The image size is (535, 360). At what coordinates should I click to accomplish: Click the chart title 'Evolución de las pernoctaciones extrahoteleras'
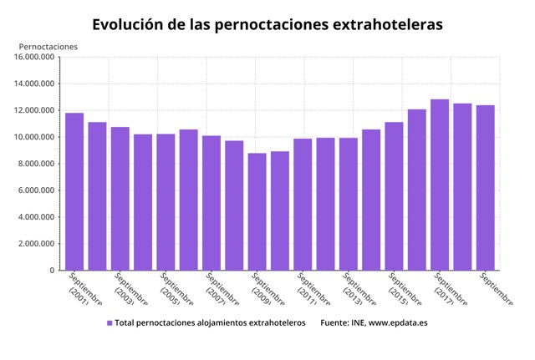pyautogui.click(x=267, y=24)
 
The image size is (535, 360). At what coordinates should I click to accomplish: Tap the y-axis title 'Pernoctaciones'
pyautogui.click(x=48, y=46)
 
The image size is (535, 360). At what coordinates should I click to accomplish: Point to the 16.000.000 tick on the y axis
pyautogui.click(x=34, y=58)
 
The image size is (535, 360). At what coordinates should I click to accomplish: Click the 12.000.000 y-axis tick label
pyautogui.click(x=34, y=111)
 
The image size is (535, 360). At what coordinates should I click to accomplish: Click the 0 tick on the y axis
pyautogui.click(x=52, y=271)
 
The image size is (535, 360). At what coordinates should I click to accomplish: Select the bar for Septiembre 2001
pyautogui.click(x=74, y=191)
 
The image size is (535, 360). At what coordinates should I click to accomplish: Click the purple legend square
pyautogui.click(x=110, y=322)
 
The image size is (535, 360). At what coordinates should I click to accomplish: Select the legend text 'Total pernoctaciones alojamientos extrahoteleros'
pyautogui.click(x=210, y=322)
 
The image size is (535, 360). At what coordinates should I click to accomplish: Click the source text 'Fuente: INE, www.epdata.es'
pyautogui.click(x=374, y=322)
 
